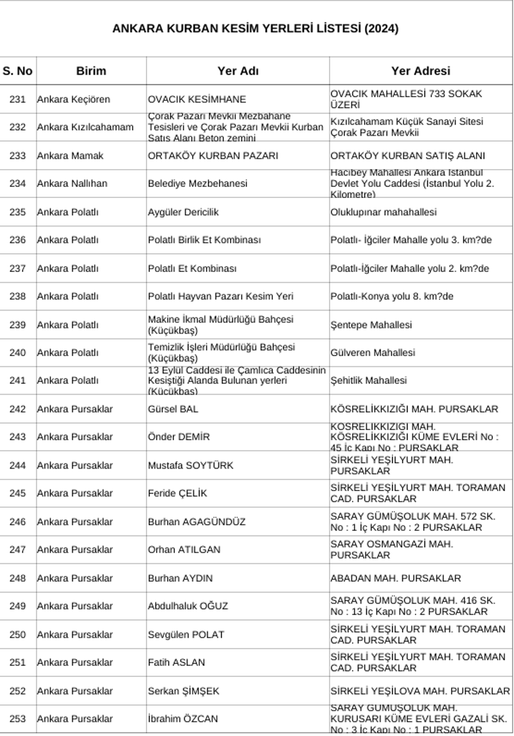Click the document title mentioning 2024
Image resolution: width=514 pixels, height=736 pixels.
tap(255, 28)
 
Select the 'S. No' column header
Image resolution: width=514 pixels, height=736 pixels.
tap(17, 71)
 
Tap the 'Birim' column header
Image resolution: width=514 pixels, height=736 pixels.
tap(91, 71)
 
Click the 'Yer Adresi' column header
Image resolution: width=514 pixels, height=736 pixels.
tap(420, 71)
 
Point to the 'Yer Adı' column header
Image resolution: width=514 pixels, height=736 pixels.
tap(238, 71)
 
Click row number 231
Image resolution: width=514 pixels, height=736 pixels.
tap(17, 99)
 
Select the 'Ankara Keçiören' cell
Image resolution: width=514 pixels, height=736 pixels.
tap(73, 99)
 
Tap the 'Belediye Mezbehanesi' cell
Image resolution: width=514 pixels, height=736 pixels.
tap(197, 183)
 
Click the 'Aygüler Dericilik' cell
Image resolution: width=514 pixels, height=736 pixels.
tap(183, 211)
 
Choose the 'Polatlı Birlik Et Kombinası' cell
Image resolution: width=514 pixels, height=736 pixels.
tap(204, 240)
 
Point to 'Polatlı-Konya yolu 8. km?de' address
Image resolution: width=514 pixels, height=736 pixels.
tap(391, 296)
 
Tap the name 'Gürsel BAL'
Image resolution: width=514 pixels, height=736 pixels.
tap(173, 409)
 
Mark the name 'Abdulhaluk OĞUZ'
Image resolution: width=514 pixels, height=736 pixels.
tap(188, 606)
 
